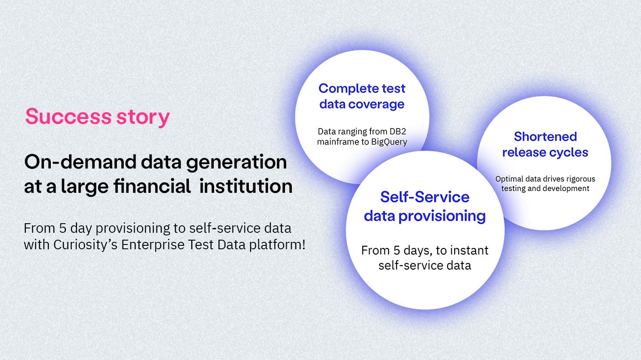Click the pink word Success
[68, 116]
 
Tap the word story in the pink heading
[143, 118]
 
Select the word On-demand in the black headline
[80, 162]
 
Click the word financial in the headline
[152, 186]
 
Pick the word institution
[246, 186]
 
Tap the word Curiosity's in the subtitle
[85, 245]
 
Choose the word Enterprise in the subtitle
[153, 245]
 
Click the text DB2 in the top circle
[398, 131]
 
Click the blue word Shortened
[545, 136]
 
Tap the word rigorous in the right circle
[581, 179]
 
